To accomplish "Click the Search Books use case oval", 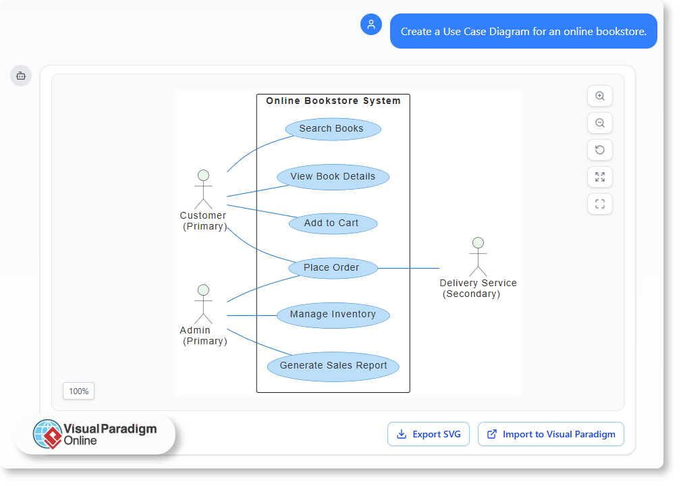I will [x=333, y=129].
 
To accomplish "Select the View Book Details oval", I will [x=333, y=177].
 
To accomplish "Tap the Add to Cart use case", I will [x=333, y=223].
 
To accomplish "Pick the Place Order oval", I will [x=333, y=268].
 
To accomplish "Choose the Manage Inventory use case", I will [x=333, y=315].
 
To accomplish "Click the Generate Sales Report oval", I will [x=333, y=366].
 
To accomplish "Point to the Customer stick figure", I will [x=203, y=190].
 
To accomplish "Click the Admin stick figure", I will [x=203, y=304].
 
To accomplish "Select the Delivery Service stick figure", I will [x=478, y=257].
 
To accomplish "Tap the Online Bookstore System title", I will [x=333, y=101].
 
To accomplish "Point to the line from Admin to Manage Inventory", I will [x=251, y=315].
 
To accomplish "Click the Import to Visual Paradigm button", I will [x=551, y=434].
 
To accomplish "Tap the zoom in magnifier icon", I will [x=600, y=96].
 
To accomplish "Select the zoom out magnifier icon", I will [x=600, y=123].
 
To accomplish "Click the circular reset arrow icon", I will [x=600, y=150].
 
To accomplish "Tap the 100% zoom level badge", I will [x=78, y=391].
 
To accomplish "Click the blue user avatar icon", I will [x=371, y=24].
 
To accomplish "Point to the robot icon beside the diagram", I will [x=21, y=76].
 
